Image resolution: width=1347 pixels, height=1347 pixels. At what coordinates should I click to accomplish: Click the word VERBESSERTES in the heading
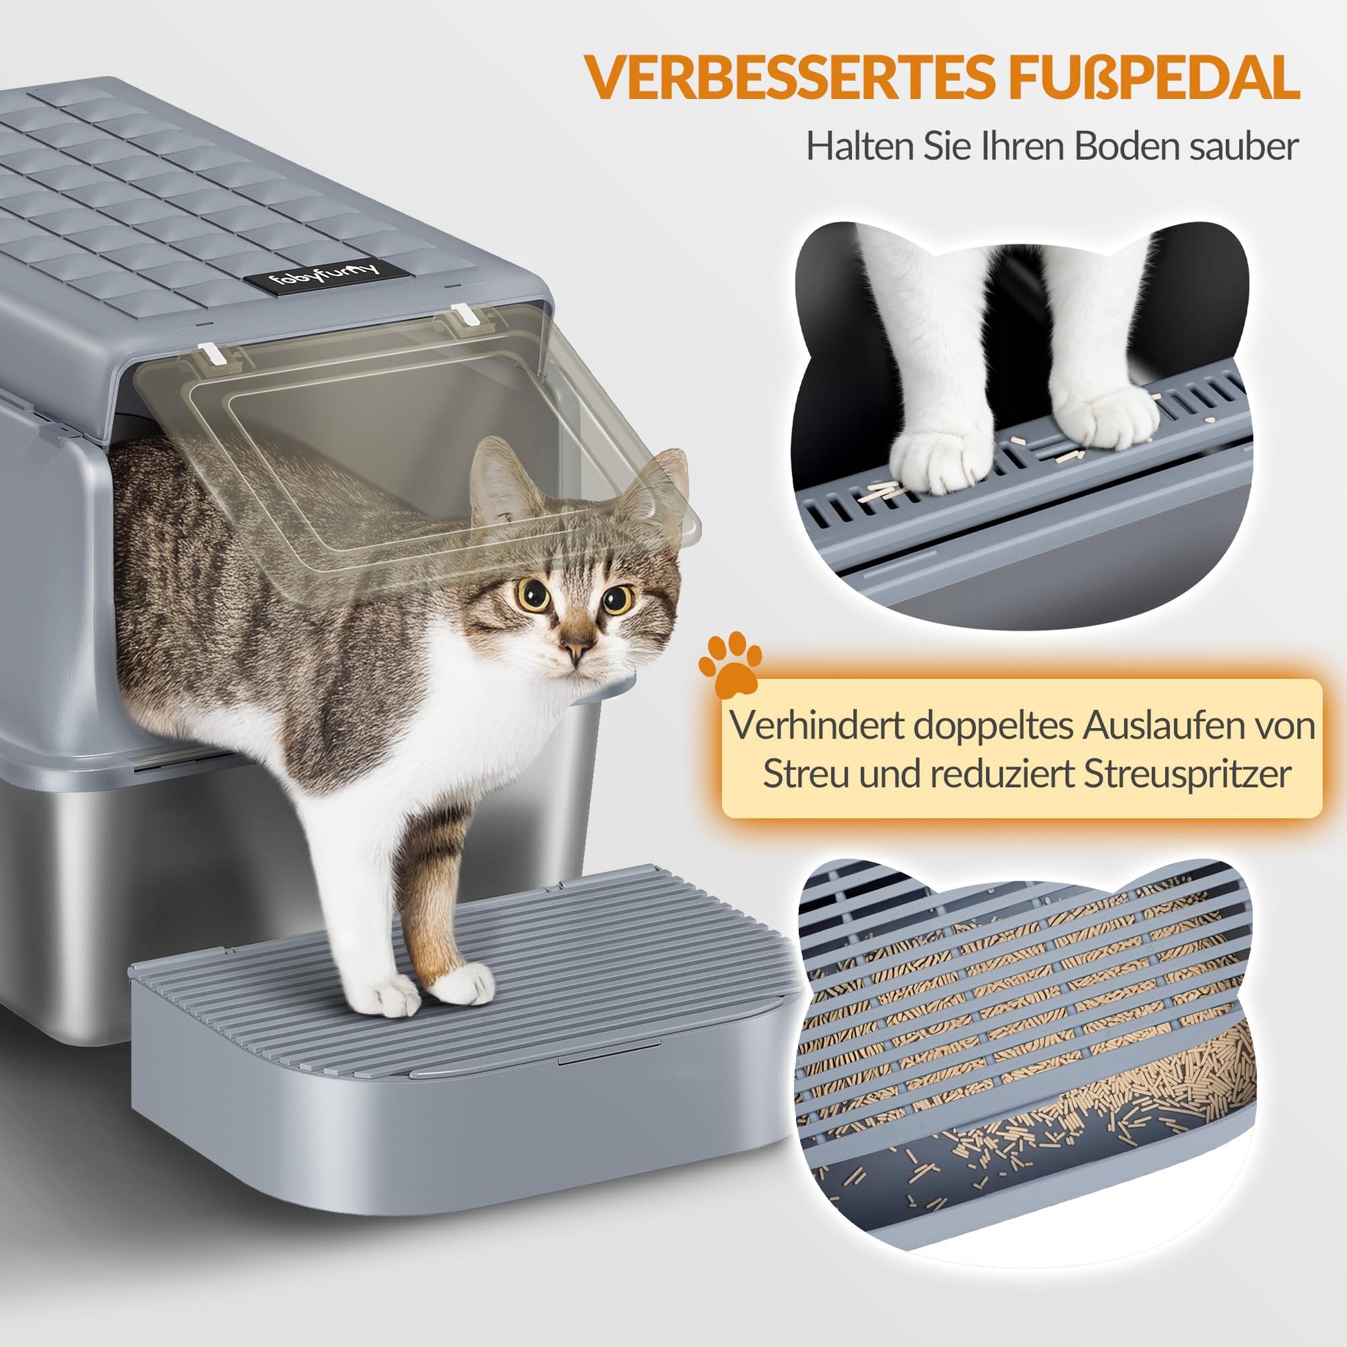tap(790, 78)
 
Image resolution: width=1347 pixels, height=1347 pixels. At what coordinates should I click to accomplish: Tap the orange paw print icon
tap(730, 665)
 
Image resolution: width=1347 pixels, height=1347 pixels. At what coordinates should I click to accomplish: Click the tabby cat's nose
tap(577, 649)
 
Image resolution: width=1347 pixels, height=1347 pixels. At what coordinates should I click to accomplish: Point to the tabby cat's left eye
tap(533, 593)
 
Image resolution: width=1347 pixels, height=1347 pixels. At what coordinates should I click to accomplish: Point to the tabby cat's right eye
tap(616, 598)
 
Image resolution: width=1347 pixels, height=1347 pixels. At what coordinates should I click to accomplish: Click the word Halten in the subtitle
tap(859, 146)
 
